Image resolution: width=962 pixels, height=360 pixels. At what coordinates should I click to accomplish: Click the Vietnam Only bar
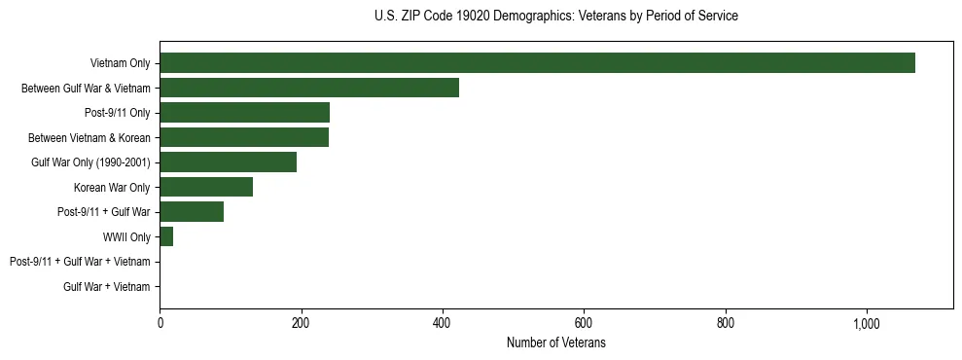pyautogui.click(x=537, y=63)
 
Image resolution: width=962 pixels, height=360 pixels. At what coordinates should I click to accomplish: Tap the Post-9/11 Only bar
pyautogui.click(x=244, y=113)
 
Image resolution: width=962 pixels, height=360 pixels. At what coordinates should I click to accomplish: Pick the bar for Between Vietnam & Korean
pyautogui.click(x=244, y=138)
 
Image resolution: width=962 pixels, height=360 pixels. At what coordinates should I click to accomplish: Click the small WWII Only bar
pyautogui.click(x=166, y=236)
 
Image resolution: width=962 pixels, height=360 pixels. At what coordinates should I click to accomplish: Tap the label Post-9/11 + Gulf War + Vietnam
pyautogui.click(x=80, y=262)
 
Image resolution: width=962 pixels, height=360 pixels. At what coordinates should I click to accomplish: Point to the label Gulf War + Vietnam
pyautogui.click(x=107, y=287)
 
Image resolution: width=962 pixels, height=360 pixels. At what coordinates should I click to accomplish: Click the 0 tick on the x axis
pyautogui.click(x=160, y=324)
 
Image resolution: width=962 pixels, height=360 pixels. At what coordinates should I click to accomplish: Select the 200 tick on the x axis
pyautogui.click(x=302, y=324)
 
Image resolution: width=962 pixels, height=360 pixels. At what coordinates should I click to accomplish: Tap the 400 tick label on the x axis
pyautogui.click(x=443, y=324)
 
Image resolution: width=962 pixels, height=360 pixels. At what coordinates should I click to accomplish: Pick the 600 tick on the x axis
pyautogui.click(x=584, y=324)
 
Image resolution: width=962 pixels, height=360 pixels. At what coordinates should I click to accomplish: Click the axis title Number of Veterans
pyautogui.click(x=555, y=343)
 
